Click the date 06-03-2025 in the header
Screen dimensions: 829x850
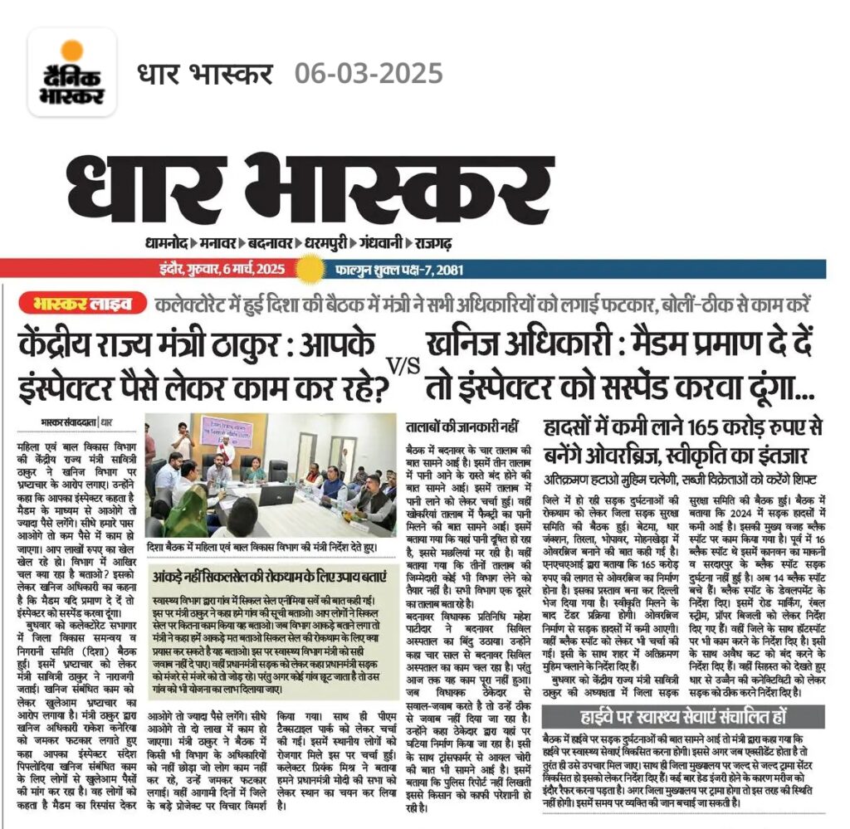(x=369, y=74)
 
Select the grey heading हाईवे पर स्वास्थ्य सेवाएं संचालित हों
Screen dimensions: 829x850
(x=682, y=716)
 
